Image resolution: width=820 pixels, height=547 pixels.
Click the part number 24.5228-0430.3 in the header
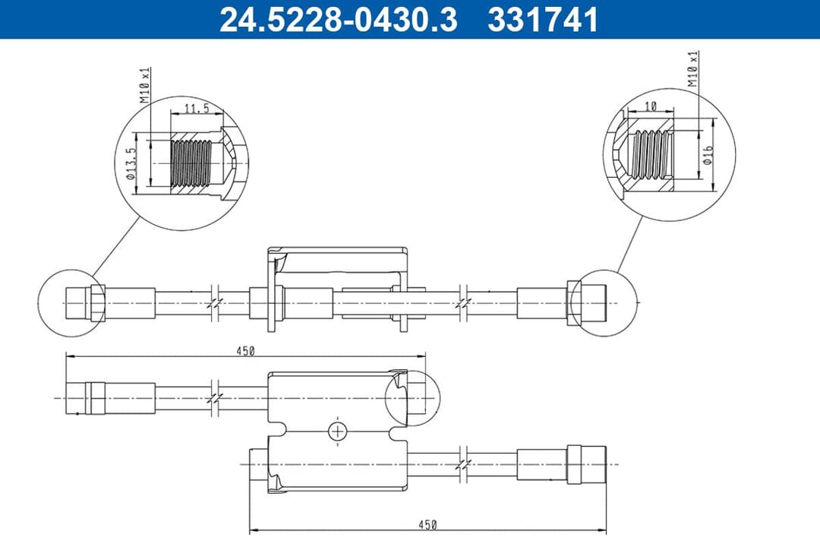tap(338, 21)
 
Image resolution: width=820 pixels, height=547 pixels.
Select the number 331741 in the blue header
tap(543, 21)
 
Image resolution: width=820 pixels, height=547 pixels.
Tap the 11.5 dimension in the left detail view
tap(197, 109)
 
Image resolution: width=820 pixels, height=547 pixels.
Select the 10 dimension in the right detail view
tap(651, 107)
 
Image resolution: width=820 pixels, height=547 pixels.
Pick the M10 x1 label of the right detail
tap(692, 69)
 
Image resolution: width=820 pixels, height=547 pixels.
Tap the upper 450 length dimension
tap(244, 350)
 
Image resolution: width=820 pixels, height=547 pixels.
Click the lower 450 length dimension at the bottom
tap(427, 525)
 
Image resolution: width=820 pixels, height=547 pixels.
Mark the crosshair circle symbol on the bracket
tap(337, 431)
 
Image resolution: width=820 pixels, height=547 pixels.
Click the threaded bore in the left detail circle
tap(190, 163)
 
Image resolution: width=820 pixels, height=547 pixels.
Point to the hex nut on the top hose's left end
tap(97, 303)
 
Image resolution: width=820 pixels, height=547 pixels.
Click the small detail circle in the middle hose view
tap(412, 397)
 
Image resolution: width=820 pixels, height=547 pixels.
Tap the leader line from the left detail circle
tap(115, 245)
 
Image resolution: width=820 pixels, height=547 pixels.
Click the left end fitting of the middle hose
tap(84, 397)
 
